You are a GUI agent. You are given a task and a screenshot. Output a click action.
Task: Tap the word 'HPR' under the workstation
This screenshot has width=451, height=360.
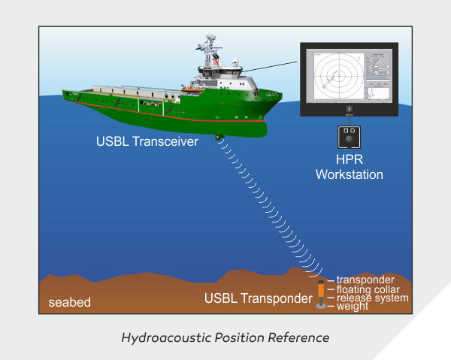pyautogui.click(x=349, y=161)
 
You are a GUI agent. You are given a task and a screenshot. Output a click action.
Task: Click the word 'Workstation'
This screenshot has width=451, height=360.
pyautogui.click(x=349, y=174)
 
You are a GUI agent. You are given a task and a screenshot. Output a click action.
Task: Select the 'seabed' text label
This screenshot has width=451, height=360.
pyautogui.click(x=69, y=303)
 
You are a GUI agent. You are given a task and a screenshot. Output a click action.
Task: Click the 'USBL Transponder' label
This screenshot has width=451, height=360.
pyautogui.click(x=258, y=298)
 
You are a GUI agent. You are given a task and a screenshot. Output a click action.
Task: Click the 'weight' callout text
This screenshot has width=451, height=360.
pyautogui.click(x=353, y=307)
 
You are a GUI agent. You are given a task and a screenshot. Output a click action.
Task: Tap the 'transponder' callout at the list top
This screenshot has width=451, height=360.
pyautogui.click(x=365, y=280)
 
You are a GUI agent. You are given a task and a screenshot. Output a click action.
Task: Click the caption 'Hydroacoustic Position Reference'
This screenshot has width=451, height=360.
pyautogui.click(x=225, y=337)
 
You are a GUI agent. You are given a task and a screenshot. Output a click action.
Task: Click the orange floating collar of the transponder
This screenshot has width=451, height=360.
pyautogui.click(x=321, y=289)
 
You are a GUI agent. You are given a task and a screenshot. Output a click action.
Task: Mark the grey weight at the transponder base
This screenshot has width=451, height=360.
pyautogui.click(x=321, y=306)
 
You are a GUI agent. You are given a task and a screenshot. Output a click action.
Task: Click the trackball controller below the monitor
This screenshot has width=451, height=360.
pyautogui.click(x=349, y=137)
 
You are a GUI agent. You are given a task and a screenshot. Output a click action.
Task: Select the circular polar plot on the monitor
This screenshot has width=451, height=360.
pyautogui.click(x=336, y=74)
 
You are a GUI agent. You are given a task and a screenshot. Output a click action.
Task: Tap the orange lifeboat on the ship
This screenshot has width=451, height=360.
pyautogui.click(x=192, y=89)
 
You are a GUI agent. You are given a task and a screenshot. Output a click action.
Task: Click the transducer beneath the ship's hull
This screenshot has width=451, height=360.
pyautogui.click(x=219, y=138)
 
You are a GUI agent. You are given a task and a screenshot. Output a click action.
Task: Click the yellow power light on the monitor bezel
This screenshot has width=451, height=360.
pyautogui.click(x=349, y=110)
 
